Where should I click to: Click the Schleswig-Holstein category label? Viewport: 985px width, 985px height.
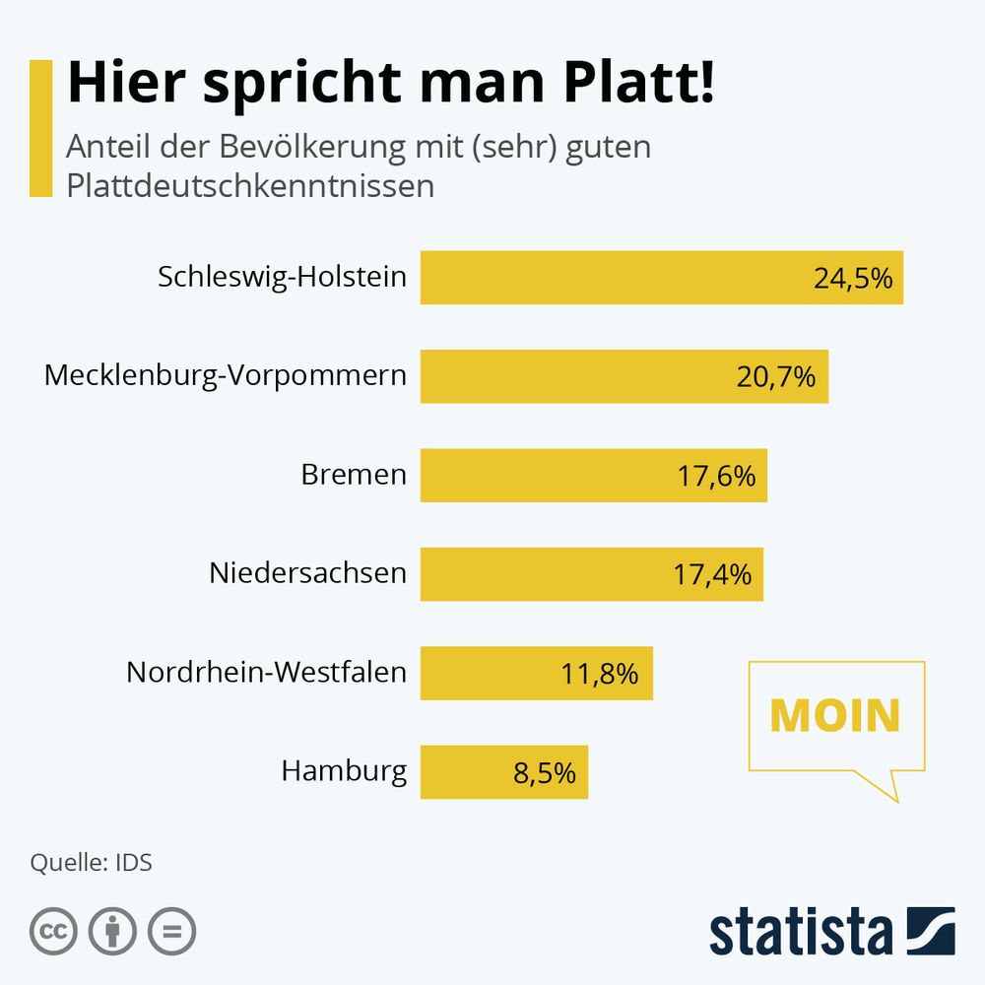pos(282,277)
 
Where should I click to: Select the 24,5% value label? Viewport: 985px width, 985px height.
pos(852,278)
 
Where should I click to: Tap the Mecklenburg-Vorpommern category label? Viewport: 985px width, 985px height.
pos(226,375)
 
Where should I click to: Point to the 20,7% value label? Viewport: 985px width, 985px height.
pos(776,376)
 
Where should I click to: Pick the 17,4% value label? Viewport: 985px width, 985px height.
pos(712,573)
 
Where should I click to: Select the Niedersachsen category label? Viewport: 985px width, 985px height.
pos(307,572)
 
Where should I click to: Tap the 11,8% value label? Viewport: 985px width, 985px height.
pos(599,674)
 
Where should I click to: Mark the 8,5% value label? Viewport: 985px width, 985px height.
pos(544,772)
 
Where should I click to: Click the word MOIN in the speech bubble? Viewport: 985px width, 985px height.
pos(835,716)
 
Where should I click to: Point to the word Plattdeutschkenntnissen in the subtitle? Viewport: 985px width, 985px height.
pos(250,185)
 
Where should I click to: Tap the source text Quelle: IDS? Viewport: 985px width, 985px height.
pos(92,863)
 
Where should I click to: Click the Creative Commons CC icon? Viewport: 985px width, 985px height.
pos(54,931)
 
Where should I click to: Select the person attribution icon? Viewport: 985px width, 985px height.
pos(113,931)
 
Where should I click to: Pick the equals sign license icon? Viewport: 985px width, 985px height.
pos(172,931)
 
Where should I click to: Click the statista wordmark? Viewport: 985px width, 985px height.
pos(800,931)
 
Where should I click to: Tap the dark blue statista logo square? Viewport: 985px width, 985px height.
pos(931,931)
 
